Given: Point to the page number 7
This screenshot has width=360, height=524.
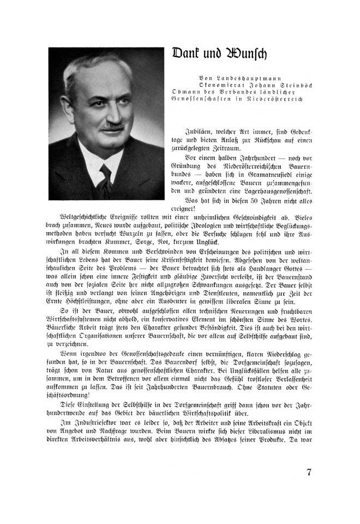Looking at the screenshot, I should (x=309, y=473).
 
